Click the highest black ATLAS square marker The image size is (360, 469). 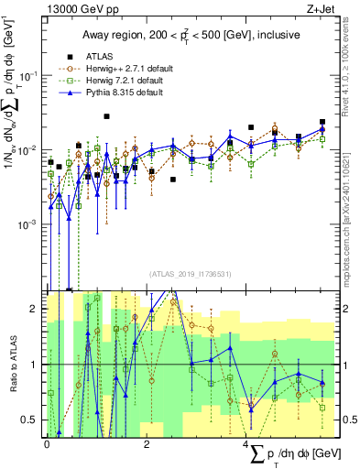107,116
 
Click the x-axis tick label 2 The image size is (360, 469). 147,442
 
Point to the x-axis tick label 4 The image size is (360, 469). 246,442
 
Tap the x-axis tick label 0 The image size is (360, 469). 47,442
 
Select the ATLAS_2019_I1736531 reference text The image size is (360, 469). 190,274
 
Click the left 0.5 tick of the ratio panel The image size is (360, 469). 34,420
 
